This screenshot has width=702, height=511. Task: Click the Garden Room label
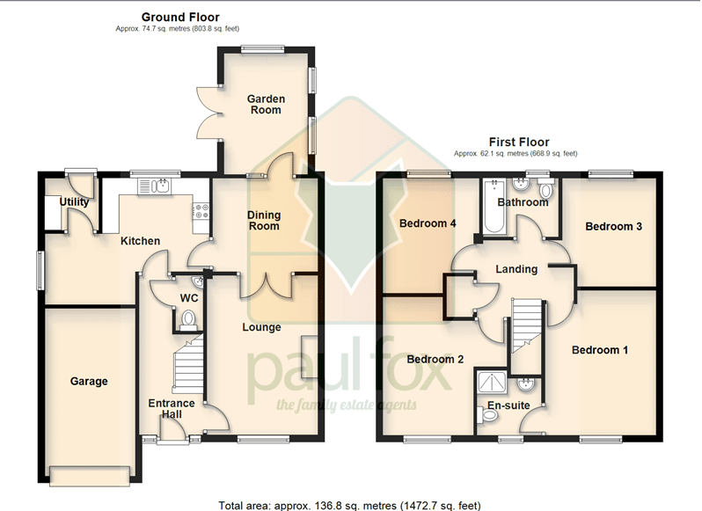tap(266, 105)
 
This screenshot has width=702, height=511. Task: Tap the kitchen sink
tap(154, 186)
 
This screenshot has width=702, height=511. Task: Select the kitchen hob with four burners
tap(201, 211)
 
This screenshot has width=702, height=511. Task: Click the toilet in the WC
tap(188, 319)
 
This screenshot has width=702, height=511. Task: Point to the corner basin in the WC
tap(197, 282)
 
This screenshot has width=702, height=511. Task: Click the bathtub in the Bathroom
tap(494, 206)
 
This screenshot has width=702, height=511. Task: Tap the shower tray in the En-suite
tap(492, 382)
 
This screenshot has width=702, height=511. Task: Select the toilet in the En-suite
tap(487, 416)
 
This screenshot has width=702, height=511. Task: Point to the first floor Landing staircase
tap(526, 325)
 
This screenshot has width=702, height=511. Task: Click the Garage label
tap(89, 381)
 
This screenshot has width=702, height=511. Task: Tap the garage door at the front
tap(91, 475)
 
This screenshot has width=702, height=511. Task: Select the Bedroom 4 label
tap(428, 223)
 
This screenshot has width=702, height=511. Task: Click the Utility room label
tap(74, 201)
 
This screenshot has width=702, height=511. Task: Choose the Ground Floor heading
tap(180, 17)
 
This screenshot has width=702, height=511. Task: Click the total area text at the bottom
tap(349, 506)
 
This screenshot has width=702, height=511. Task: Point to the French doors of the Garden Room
tap(208, 112)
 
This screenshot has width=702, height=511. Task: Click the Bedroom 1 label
tap(600, 350)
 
